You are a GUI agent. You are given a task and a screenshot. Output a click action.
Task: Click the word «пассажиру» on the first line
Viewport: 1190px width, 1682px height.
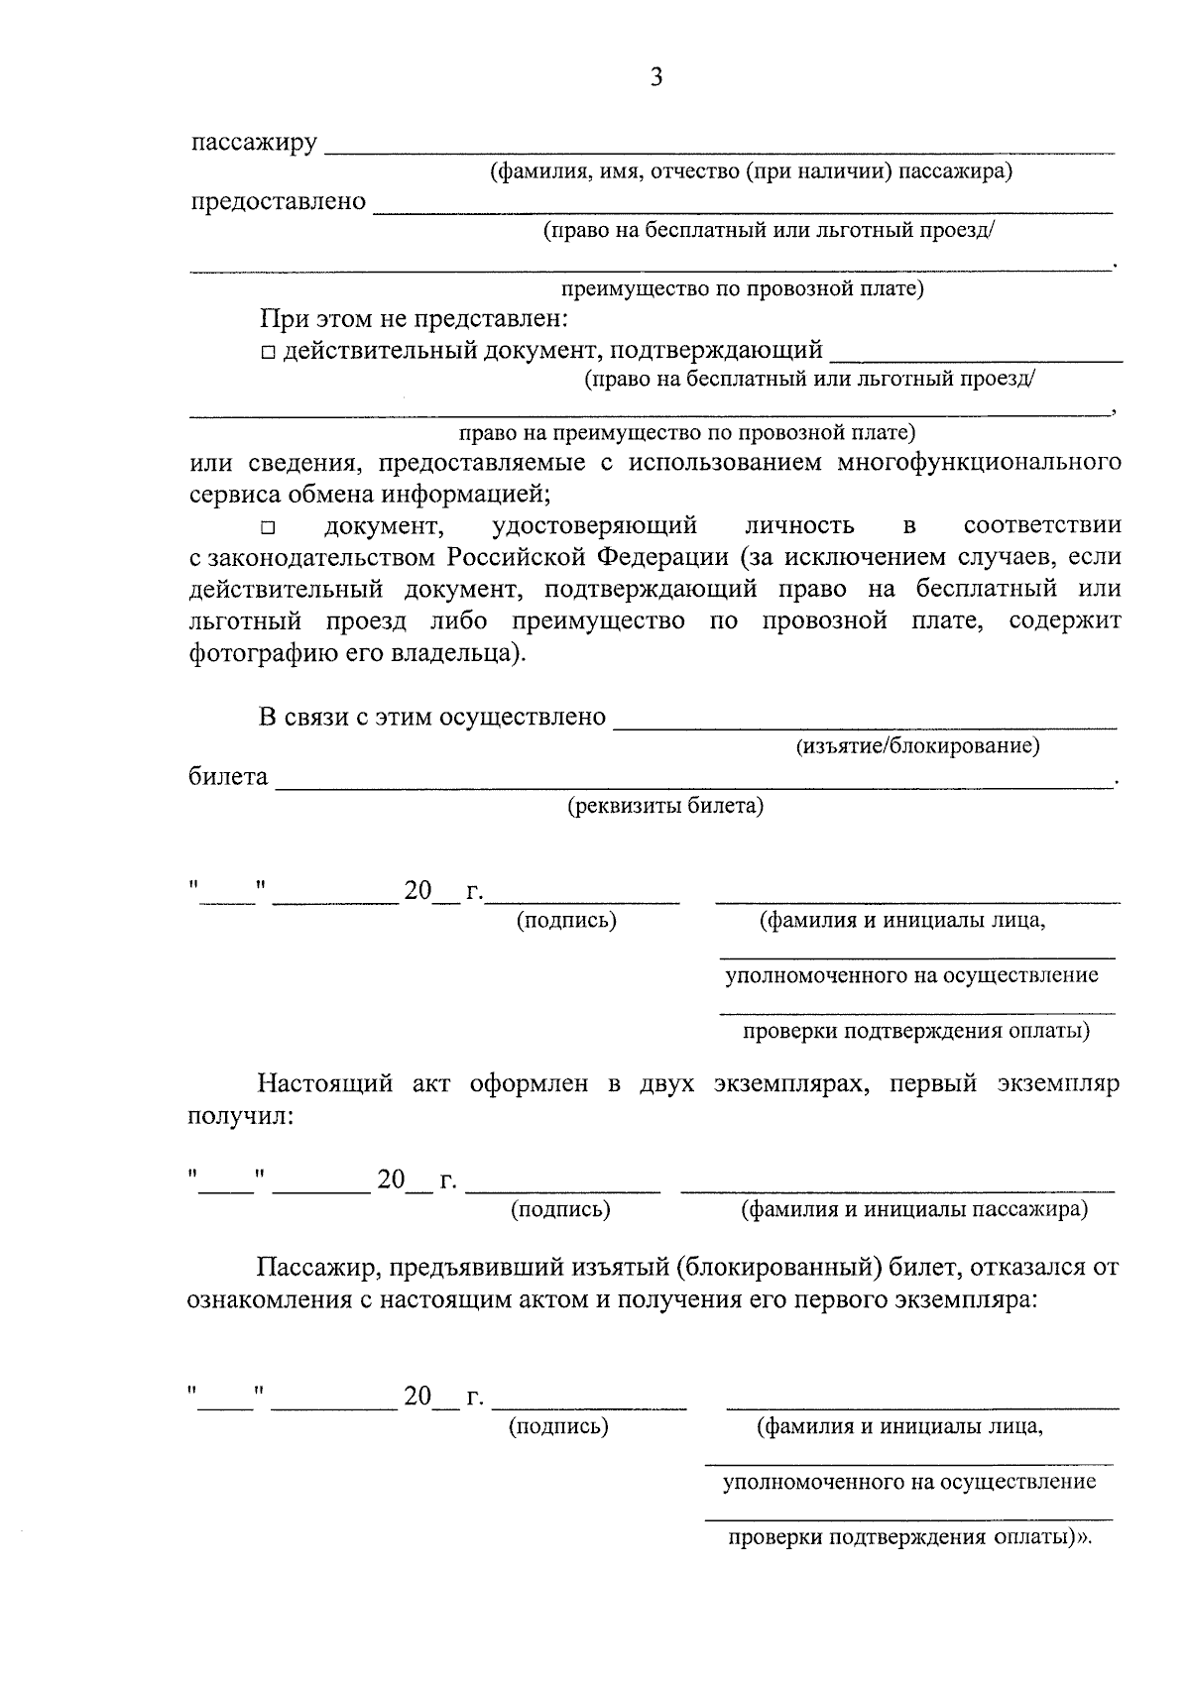pos(254,144)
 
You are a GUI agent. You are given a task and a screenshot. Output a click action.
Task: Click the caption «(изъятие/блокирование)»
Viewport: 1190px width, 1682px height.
pos(917,746)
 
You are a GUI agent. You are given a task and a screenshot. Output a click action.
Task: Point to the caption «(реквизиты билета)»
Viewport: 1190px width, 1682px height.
pos(665,806)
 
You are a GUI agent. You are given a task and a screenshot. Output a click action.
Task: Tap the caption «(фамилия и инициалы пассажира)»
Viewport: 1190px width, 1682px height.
pos(914,1210)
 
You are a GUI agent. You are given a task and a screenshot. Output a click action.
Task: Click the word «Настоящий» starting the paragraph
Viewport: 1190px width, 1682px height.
pos(326,1083)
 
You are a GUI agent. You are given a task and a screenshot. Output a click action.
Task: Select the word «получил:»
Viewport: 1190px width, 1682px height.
pos(241,1116)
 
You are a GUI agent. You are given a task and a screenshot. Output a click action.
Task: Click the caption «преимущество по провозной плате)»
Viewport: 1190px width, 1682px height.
pos(743,289)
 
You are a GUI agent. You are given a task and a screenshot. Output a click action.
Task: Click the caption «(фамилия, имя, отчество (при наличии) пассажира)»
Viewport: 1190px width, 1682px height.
pos(752,172)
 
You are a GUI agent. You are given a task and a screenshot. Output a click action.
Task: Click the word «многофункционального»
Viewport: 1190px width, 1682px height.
pos(979,463)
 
